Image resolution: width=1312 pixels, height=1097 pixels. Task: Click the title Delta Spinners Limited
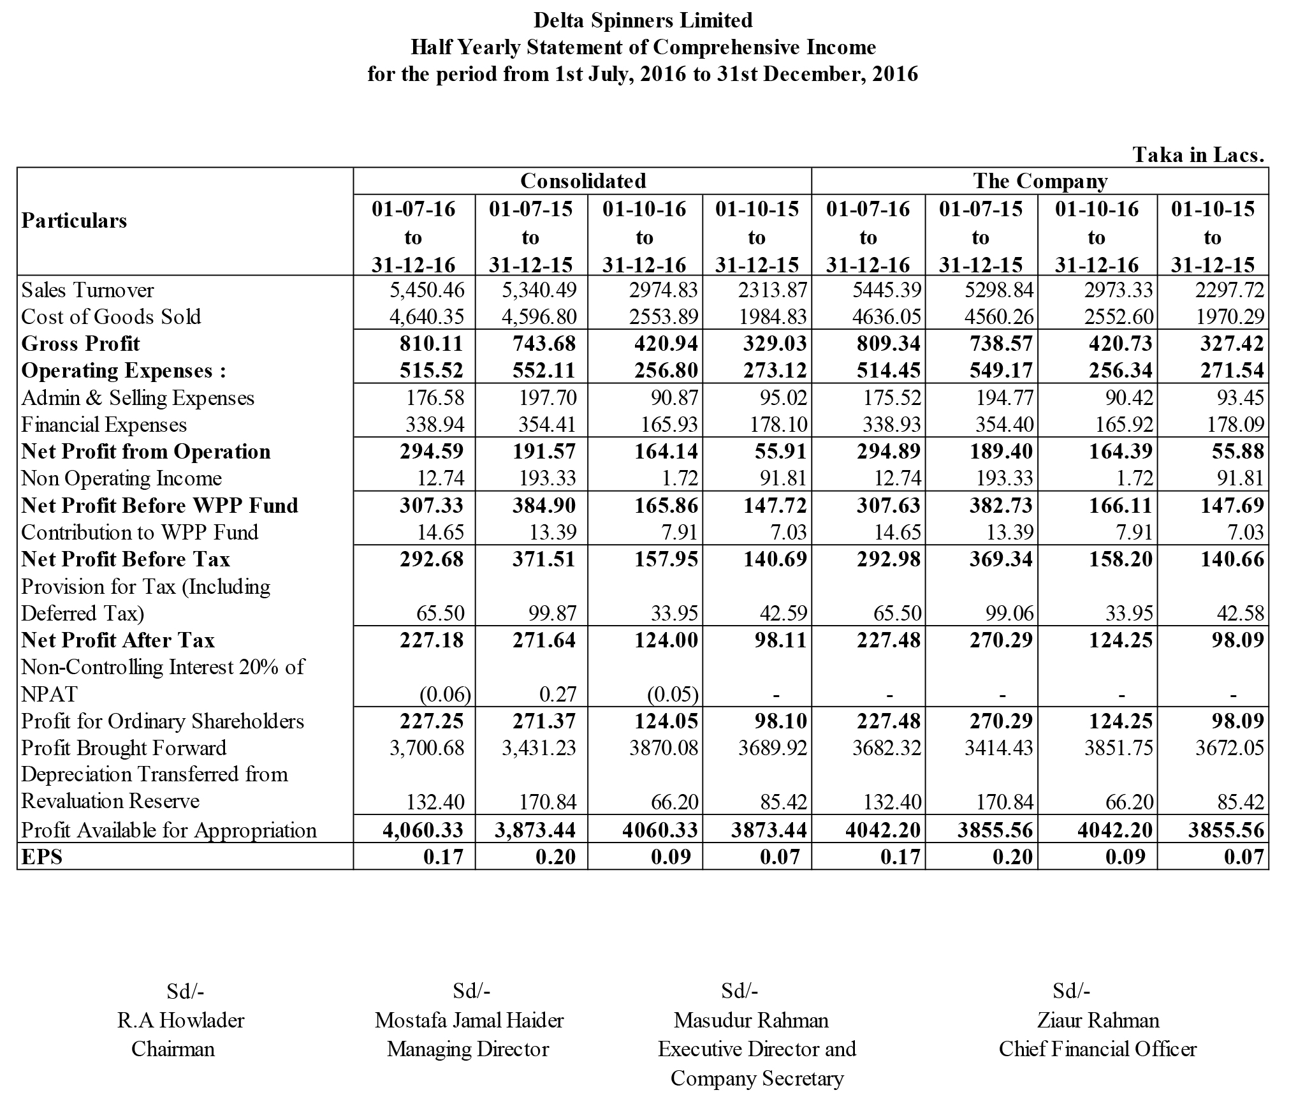pyautogui.click(x=643, y=20)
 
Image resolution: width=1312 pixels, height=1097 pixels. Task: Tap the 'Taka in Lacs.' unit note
pyautogui.click(x=1198, y=155)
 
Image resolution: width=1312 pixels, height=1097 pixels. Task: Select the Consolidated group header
pyautogui.click(x=583, y=181)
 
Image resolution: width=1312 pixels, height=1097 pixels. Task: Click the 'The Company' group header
pyautogui.click(x=1040, y=181)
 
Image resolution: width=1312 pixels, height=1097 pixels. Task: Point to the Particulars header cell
pyautogui.click(x=75, y=221)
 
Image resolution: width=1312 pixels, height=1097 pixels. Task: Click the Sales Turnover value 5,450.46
pyautogui.click(x=427, y=290)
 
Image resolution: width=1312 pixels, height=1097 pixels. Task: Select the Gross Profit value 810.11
pyautogui.click(x=432, y=344)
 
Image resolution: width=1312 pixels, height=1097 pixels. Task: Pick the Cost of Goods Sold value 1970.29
pyautogui.click(x=1229, y=317)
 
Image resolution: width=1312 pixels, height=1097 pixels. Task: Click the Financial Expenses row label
pyautogui.click(x=104, y=425)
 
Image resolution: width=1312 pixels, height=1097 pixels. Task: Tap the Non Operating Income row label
pyautogui.click(x=121, y=478)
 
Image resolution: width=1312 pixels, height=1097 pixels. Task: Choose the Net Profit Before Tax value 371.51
pyautogui.click(x=544, y=559)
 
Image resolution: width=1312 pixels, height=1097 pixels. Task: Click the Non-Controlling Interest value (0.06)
pyautogui.click(x=444, y=694)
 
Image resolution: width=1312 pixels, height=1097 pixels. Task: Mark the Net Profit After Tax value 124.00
pyautogui.click(x=666, y=640)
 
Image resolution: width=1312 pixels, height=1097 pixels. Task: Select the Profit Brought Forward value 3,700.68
pyautogui.click(x=427, y=747)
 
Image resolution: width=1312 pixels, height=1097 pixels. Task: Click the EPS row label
pyautogui.click(x=42, y=857)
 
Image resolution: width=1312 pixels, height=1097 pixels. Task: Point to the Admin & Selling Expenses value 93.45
pyautogui.click(x=1240, y=398)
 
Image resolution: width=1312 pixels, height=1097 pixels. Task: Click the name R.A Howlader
pyautogui.click(x=180, y=1020)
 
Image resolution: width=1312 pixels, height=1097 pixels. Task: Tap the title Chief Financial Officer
pyautogui.click(x=1098, y=1049)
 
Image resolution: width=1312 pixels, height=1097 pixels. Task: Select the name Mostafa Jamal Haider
pyautogui.click(x=469, y=1020)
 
